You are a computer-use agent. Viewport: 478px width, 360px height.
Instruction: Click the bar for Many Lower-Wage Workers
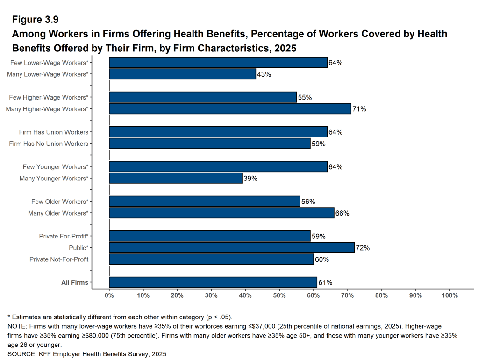tap(182, 74)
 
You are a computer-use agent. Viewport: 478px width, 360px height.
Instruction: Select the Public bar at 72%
tap(232, 248)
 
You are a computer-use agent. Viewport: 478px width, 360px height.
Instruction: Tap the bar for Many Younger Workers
tap(175, 178)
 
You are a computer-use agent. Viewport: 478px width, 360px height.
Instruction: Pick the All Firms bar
tap(213, 282)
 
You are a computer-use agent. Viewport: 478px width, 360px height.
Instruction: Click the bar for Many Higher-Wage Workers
tap(230, 109)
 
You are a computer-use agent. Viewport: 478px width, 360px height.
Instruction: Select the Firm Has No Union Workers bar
tap(209, 144)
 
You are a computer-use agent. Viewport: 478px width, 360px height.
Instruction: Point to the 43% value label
tap(264, 74)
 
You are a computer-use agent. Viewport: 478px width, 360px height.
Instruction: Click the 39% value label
tap(250, 179)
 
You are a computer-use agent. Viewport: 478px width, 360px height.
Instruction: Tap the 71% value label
tap(359, 109)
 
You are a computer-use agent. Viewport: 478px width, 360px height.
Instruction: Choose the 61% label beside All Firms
tap(325, 283)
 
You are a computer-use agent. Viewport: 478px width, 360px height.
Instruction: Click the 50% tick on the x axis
tap(279, 295)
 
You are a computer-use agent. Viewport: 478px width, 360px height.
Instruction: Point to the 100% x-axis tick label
tap(449, 295)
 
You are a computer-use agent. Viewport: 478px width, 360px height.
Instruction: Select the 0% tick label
tap(109, 295)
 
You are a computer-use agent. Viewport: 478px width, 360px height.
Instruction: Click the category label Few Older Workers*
tap(59, 202)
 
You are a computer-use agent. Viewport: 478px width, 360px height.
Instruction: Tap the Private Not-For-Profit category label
tap(59, 259)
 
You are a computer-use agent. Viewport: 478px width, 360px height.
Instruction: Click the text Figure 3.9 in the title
tap(35, 20)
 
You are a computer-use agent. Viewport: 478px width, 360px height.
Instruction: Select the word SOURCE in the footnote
tap(21, 354)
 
